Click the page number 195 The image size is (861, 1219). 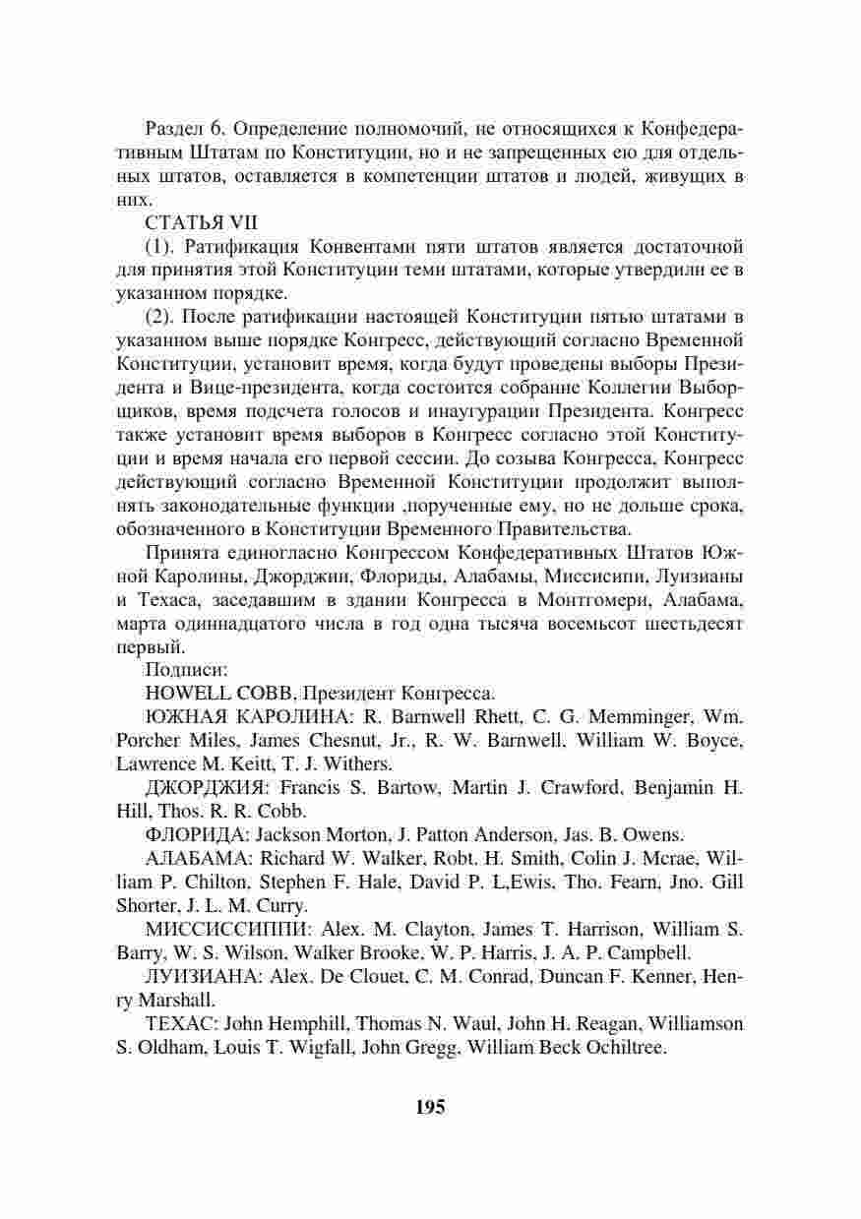pyautogui.click(x=430, y=1107)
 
